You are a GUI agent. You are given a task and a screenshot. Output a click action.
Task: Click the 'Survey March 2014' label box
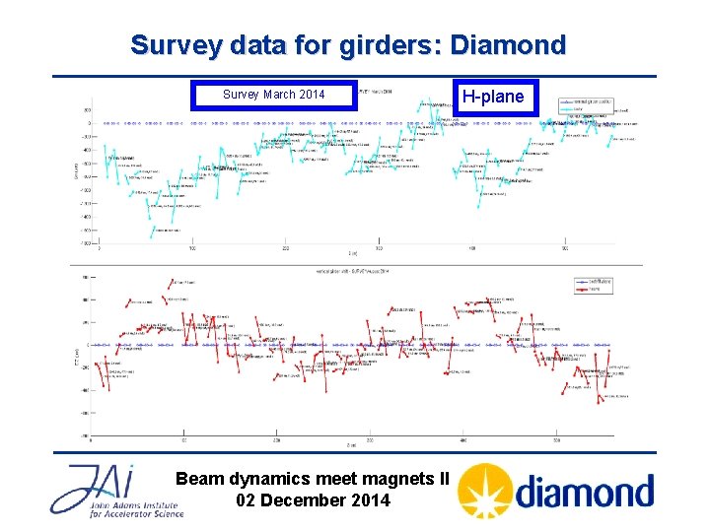pos(274,95)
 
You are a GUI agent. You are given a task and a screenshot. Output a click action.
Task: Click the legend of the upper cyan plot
pos(586,104)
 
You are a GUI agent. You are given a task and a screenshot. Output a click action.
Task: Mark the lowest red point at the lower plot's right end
pos(598,402)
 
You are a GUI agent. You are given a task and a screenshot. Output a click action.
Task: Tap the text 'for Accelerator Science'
pos(108,514)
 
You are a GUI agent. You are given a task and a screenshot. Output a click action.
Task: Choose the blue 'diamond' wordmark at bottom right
pos(584,492)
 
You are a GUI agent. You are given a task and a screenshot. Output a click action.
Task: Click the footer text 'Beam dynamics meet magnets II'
pos(313,479)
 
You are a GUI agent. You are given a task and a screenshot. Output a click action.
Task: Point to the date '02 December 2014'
pos(313,500)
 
